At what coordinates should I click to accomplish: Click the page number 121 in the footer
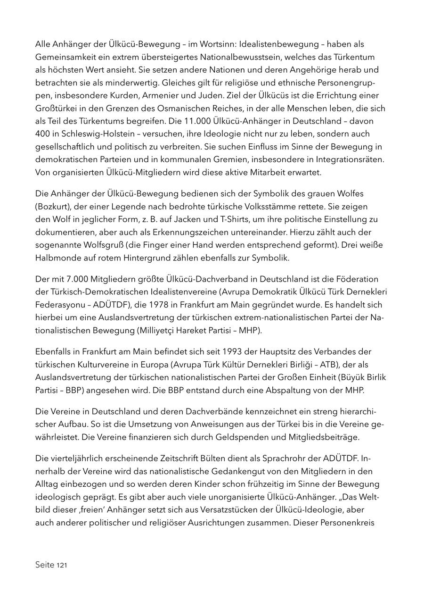click(x=61, y=565)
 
